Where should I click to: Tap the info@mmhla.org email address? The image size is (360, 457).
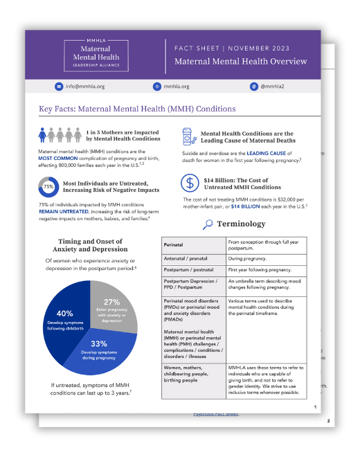(x=85, y=87)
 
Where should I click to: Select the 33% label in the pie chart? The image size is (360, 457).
(x=99, y=343)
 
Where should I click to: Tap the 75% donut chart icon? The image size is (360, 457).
(x=48, y=187)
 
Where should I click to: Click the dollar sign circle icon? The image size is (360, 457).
(x=190, y=183)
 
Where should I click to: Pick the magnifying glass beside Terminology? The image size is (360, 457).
(x=208, y=224)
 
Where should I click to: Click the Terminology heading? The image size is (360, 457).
(x=241, y=224)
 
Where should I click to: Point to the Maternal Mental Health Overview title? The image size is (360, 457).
(x=241, y=61)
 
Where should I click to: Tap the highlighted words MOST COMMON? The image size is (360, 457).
(x=58, y=157)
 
